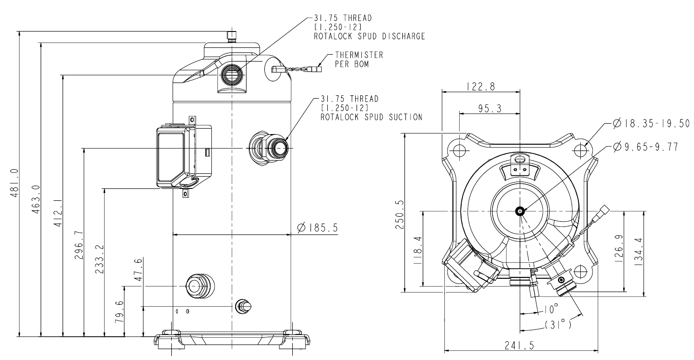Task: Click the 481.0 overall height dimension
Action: [x=15, y=183]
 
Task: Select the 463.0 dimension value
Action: [x=36, y=199]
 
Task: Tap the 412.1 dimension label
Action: [x=58, y=213]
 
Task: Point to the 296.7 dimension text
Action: [x=79, y=245]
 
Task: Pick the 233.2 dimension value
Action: [x=100, y=260]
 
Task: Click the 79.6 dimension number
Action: [x=120, y=312]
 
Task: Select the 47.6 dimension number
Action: [x=138, y=269]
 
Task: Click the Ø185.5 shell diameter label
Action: [x=318, y=228]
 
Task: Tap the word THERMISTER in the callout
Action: [x=359, y=55]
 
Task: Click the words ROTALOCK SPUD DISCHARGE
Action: [x=369, y=36]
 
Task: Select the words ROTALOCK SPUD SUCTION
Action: [x=372, y=117]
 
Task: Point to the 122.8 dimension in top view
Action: [x=481, y=86]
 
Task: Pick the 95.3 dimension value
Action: [x=489, y=108]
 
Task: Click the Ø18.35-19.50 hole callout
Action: [x=651, y=124]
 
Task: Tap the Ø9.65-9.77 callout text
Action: [x=646, y=147]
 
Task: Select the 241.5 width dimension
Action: [x=520, y=345]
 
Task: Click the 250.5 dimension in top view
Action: [x=400, y=214]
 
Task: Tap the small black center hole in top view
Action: [x=520, y=211]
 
